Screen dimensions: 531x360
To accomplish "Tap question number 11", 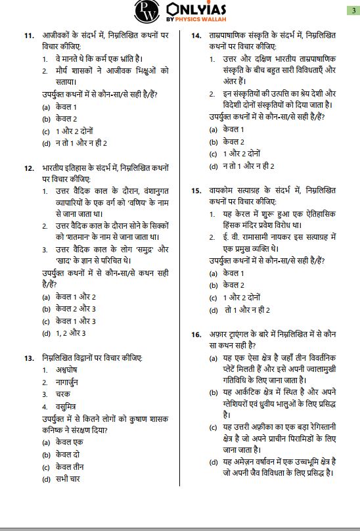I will click(x=28, y=34).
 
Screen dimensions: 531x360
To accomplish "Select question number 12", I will click(x=28, y=168).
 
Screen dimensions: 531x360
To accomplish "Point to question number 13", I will click(x=28, y=358).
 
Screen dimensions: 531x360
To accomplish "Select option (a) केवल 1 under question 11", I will click(x=60, y=107).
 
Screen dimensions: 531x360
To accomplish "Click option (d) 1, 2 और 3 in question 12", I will click(x=64, y=333).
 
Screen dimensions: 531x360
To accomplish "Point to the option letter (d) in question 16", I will click(x=213, y=461).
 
